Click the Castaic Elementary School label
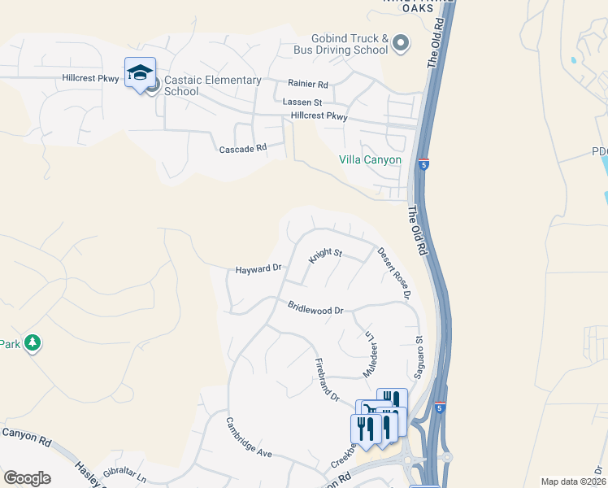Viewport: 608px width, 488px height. click(x=212, y=85)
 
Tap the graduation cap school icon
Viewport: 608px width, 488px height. click(x=140, y=74)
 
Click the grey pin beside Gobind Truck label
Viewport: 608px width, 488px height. click(x=400, y=44)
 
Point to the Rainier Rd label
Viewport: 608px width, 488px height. click(x=307, y=84)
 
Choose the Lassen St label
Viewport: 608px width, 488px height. click(x=302, y=102)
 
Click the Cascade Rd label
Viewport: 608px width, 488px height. click(x=243, y=149)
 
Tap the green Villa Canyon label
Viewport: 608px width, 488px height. click(x=370, y=159)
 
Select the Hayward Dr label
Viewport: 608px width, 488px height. click(x=258, y=268)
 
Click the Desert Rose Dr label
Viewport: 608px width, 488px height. click(x=394, y=273)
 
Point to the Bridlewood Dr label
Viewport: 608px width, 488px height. click(x=316, y=309)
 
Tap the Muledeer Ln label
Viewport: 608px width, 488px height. click(x=369, y=353)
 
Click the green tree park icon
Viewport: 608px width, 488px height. click(x=33, y=343)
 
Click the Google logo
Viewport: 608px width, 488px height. click(x=27, y=478)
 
